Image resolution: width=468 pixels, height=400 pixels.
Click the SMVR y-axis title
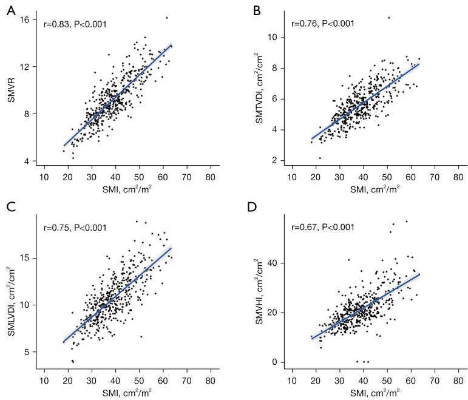pyautogui.click(x=10, y=90)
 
